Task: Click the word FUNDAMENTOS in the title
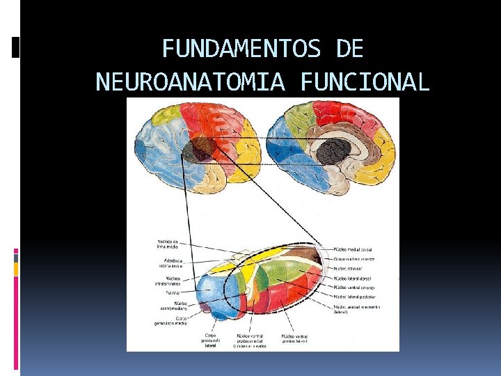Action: [241, 49]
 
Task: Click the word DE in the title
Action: [349, 49]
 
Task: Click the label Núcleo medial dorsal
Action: [353, 249]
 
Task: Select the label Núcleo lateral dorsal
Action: [355, 278]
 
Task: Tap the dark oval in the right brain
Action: [334, 150]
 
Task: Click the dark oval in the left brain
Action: [202, 147]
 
